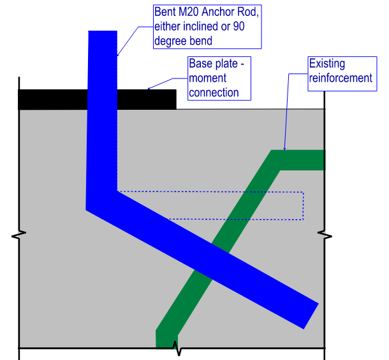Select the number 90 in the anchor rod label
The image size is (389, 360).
pos(239,26)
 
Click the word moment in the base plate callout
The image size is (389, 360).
pos(207,79)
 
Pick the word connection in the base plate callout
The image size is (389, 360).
pos(214,93)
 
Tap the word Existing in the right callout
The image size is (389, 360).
pos(327,64)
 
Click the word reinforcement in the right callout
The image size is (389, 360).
pos(341,79)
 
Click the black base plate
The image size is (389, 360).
pos(97,100)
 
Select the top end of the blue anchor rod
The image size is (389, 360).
pos(103,31)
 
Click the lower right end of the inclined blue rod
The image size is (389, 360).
pos(311,316)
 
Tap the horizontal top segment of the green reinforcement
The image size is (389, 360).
pos(298,160)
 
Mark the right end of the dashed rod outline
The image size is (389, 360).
pos(303,206)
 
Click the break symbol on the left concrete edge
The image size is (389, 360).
pos(19,235)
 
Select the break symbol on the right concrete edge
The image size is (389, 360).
pos(325,235)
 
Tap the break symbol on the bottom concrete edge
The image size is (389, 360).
pos(177,348)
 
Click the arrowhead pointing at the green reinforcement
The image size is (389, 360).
pos(284,149)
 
